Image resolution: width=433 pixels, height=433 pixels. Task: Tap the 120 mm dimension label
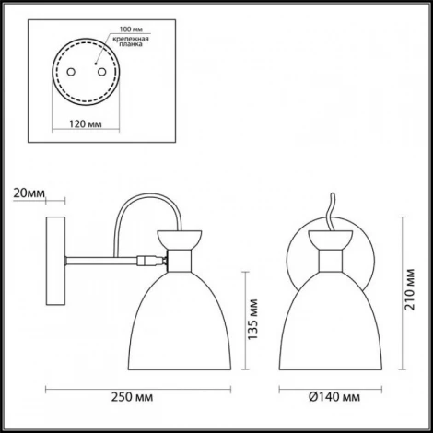click(86, 122)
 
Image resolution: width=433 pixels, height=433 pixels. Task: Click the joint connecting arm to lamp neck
click(147, 261)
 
